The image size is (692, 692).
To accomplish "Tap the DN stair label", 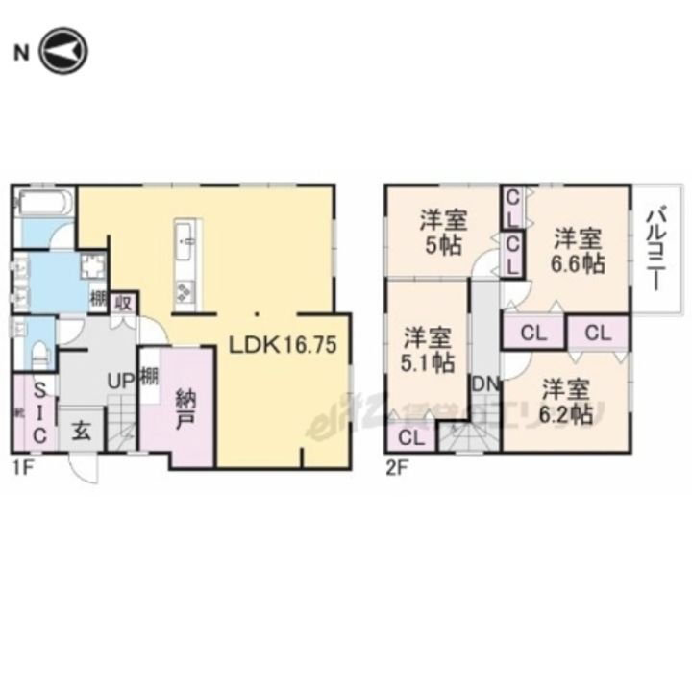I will coord(484,383).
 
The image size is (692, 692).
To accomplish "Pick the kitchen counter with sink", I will coord(186,263).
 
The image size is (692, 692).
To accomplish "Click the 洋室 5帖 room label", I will coord(440,230).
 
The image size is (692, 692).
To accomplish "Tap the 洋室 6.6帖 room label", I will coord(578,250).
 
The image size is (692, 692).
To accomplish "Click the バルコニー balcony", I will coord(657,247).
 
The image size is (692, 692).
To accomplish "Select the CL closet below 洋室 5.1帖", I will coord(411,439).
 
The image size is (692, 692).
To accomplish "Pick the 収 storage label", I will coord(124,303).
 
